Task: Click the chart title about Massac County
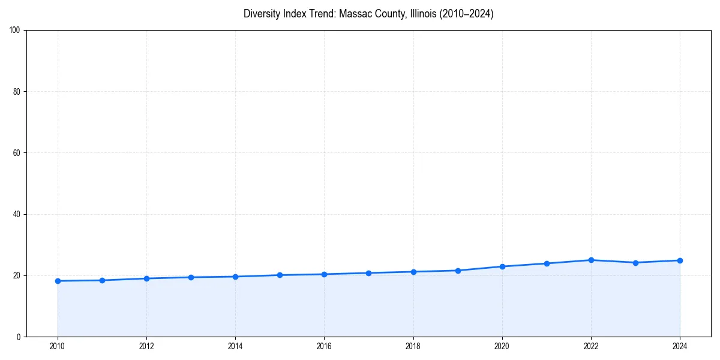point(368,14)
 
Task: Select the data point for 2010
point(58,281)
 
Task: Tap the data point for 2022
point(591,260)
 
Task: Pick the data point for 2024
point(680,260)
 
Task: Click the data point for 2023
point(635,262)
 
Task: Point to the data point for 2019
point(458,271)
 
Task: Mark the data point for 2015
point(280,275)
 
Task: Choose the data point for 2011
point(102,280)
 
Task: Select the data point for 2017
point(368,273)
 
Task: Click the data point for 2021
point(547,263)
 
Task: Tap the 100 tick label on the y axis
point(15,30)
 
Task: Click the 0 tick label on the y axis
point(19,337)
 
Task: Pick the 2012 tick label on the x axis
point(146,346)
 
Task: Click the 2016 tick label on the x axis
point(324,346)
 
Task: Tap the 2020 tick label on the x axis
point(502,346)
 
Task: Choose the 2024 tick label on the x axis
point(680,346)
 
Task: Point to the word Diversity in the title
point(262,14)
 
